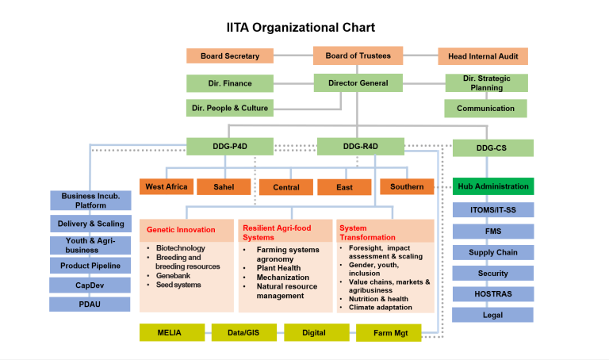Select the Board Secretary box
230,56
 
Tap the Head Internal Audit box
483,56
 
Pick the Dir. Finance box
230,83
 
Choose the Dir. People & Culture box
230,108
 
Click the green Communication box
485,109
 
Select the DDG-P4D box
230,146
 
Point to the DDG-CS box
492,147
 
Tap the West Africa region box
166,186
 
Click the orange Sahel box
223,187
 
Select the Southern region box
407,187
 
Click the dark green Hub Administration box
492,187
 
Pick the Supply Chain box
492,253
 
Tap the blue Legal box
492,315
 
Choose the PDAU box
90,304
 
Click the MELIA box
170,332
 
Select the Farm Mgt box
387,333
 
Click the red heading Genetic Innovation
181,230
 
